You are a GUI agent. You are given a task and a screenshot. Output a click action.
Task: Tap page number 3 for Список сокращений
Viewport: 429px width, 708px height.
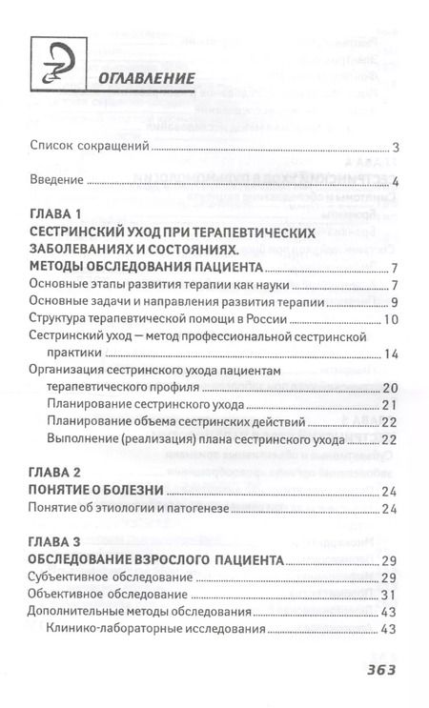tap(394, 147)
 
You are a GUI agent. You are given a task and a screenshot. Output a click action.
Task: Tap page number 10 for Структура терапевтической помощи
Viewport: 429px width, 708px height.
tap(390, 318)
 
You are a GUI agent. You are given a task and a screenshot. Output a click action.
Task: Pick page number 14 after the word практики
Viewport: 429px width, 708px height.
tap(389, 354)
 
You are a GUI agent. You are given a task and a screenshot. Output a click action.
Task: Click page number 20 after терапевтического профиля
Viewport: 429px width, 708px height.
tap(389, 388)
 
